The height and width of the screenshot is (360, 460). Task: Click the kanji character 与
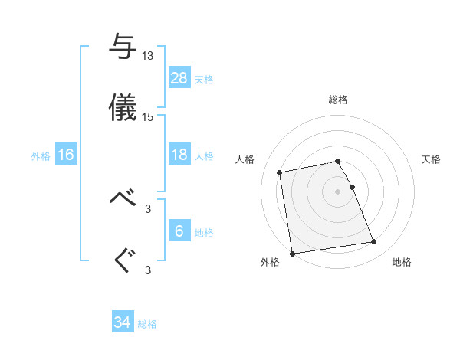click(x=123, y=47)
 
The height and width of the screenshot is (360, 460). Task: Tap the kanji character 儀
click(x=123, y=108)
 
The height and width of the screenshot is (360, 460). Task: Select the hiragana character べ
click(x=123, y=198)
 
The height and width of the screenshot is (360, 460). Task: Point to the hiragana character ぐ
click(x=123, y=260)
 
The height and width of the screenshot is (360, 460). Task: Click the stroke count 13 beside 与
click(x=148, y=56)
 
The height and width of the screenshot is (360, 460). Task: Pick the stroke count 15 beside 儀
click(x=148, y=117)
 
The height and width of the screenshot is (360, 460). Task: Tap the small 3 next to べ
click(x=148, y=208)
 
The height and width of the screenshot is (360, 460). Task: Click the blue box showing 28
click(x=179, y=78)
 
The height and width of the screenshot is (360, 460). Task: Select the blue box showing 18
click(x=179, y=155)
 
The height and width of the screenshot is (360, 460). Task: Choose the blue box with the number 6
click(x=179, y=231)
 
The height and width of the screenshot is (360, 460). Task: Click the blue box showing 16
click(x=66, y=155)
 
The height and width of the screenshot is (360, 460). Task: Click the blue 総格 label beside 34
click(x=147, y=324)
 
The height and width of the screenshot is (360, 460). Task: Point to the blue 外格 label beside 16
click(x=41, y=155)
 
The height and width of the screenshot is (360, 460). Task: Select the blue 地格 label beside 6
click(x=204, y=232)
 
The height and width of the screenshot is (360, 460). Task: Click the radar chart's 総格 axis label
click(x=338, y=100)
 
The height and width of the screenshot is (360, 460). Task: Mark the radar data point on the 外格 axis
click(x=292, y=253)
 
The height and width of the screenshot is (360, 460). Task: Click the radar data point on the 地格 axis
click(x=374, y=242)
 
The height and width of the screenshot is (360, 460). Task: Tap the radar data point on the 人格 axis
click(x=281, y=172)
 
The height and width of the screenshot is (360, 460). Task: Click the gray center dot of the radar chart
click(x=338, y=191)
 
